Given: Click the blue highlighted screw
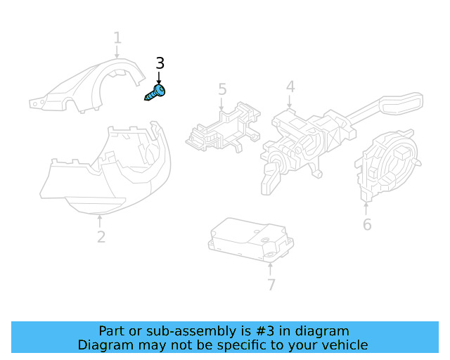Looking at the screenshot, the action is pyautogui.click(x=155, y=92).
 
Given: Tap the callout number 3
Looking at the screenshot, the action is pyautogui.click(x=160, y=63).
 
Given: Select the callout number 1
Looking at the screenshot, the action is pyautogui.click(x=117, y=38).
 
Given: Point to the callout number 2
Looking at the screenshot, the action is pyautogui.click(x=101, y=237).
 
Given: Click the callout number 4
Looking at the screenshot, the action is pyautogui.click(x=290, y=86).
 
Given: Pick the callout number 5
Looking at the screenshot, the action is pyautogui.click(x=222, y=89).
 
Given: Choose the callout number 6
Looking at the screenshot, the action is pyautogui.click(x=367, y=224).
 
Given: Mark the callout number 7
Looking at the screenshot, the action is pyautogui.click(x=271, y=285).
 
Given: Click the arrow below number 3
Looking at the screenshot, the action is pyautogui.click(x=159, y=78).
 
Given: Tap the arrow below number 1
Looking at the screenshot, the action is pyautogui.click(x=117, y=52).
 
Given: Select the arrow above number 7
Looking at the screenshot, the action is pyautogui.click(x=270, y=269).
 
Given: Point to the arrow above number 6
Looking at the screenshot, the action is pyautogui.click(x=366, y=209).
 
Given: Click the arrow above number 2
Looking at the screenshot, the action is pyautogui.click(x=100, y=221).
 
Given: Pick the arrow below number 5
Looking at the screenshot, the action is pyautogui.click(x=221, y=104).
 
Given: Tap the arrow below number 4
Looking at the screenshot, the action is pyautogui.click(x=290, y=102).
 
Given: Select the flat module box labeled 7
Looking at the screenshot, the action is pyautogui.click(x=250, y=240).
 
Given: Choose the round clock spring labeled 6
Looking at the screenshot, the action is pyautogui.click(x=386, y=165).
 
